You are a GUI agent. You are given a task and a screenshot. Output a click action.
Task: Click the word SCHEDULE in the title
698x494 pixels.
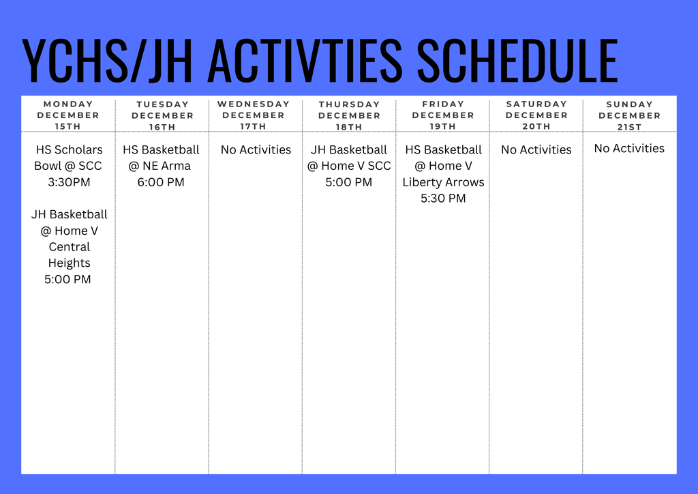click(517, 61)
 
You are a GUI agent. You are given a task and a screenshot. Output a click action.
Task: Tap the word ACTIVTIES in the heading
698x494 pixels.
click(304, 61)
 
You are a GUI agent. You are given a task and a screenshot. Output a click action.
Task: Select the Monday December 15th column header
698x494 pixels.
click(68, 115)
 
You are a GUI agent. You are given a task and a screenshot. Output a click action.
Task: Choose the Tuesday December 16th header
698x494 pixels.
click(162, 115)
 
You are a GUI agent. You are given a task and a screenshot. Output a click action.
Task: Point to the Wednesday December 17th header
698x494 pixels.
click(254, 115)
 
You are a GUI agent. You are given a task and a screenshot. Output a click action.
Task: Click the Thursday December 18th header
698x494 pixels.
click(349, 115)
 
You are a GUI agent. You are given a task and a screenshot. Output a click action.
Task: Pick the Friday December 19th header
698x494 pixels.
click(443, 115)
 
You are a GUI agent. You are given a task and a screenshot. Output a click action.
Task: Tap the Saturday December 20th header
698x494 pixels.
click(536, 115)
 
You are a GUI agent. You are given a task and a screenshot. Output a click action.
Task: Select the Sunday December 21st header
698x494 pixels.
click(630, 115)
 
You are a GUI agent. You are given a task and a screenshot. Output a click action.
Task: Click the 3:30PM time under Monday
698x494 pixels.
click(68, 182)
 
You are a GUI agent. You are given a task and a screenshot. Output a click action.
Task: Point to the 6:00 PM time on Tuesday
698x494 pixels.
click(161, 182)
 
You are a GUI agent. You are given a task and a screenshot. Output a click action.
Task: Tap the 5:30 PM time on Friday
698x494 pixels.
click(443, 199)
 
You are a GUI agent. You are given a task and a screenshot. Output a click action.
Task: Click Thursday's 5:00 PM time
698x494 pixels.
click(349, 182)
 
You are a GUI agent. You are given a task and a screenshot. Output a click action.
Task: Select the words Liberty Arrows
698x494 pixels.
click(443, 182)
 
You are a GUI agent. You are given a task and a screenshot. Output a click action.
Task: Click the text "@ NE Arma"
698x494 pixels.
click(161, 166)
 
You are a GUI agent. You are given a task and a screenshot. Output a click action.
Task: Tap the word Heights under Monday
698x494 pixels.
click(69, 263)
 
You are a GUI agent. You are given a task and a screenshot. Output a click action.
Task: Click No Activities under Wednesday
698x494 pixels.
click(256, 149)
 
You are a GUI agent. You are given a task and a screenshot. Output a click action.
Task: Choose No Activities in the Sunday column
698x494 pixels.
click(629, 148)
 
